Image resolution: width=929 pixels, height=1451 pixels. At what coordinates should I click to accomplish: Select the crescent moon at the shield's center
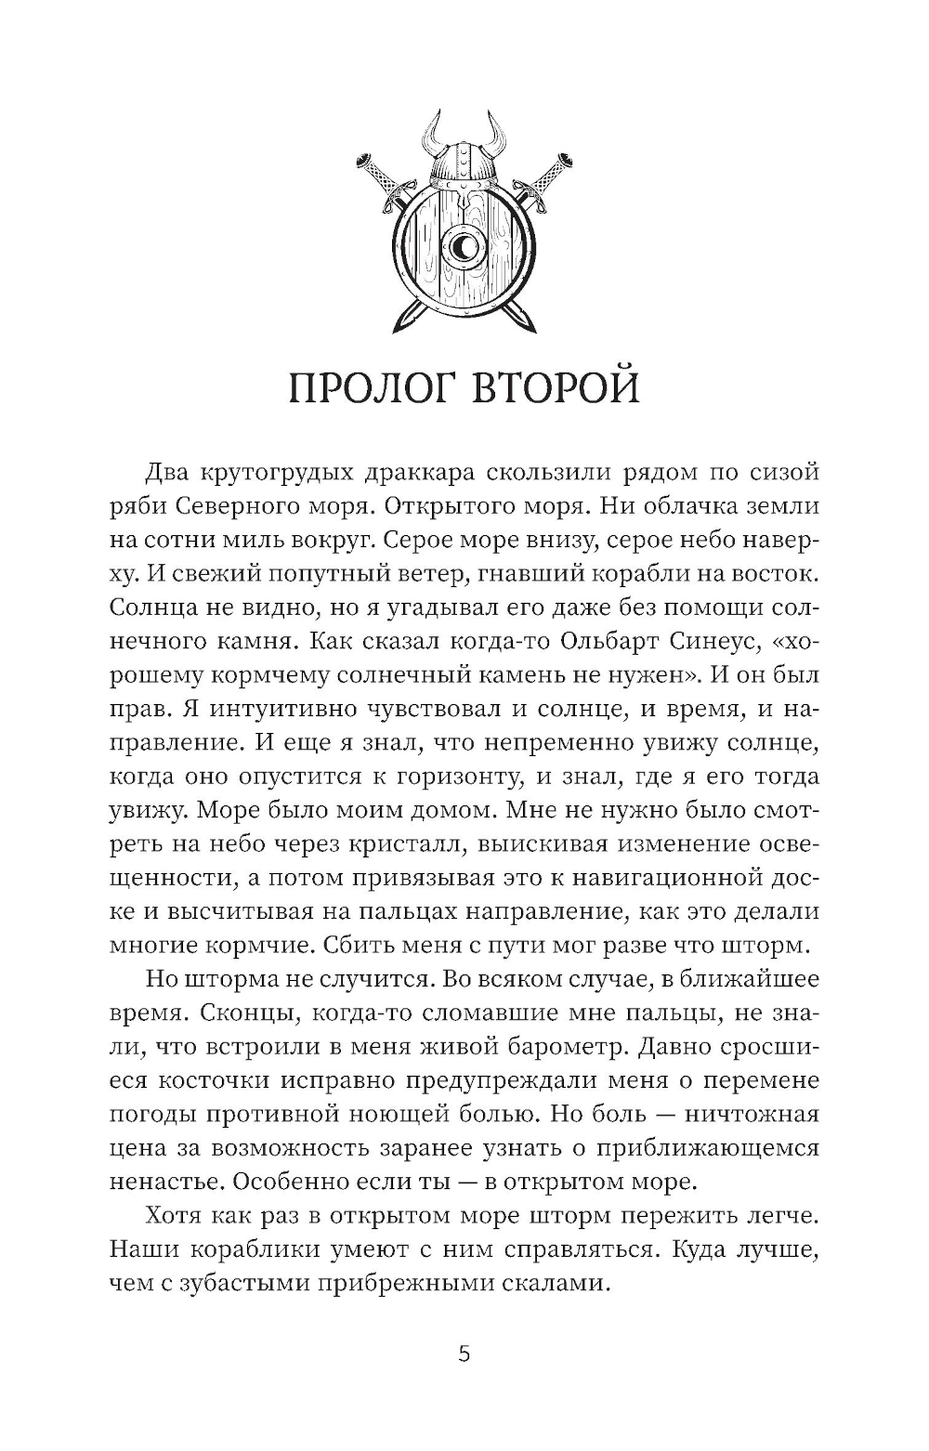click(x=463, y=245)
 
